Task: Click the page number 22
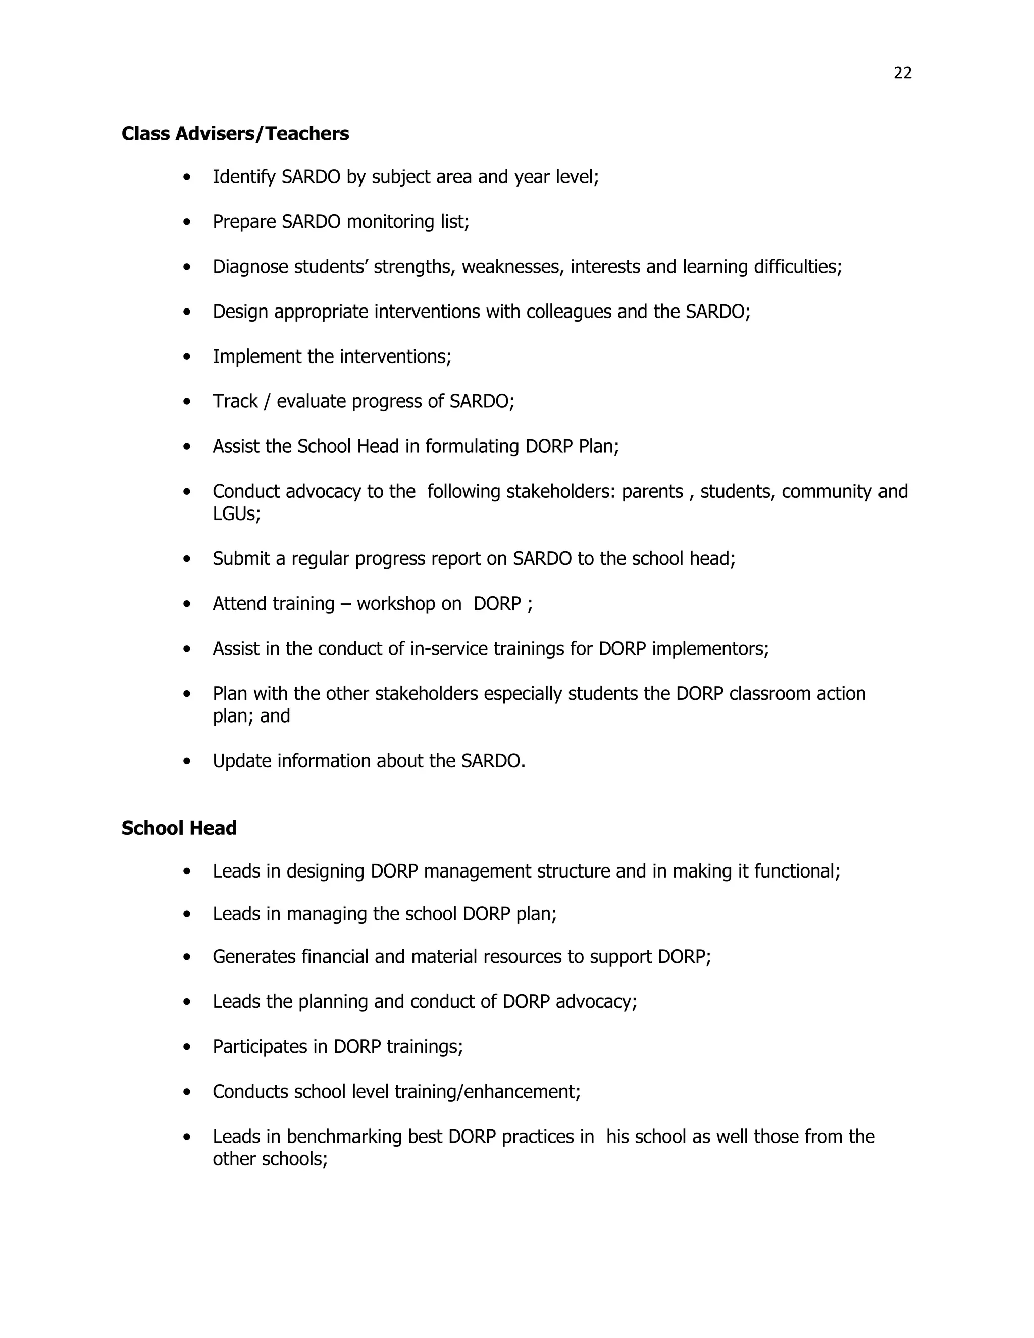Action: click(902, 73)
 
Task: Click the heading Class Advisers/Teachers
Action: click(235, 134)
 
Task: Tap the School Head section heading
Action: click(179, 828)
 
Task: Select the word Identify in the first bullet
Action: click(244, 177)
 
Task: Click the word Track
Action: click(235, 401)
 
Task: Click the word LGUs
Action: click(235, 513)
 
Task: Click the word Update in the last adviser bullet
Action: click(241, 761)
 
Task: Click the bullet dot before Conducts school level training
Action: click(187, 1092)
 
